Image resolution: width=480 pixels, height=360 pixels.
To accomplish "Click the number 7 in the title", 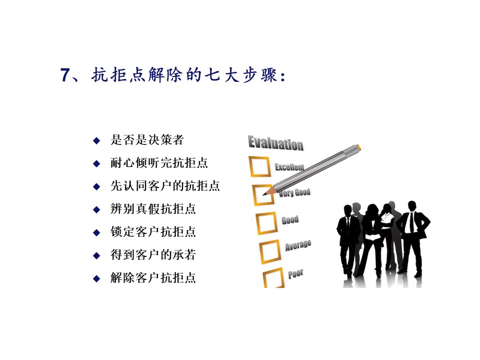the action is point(65,75).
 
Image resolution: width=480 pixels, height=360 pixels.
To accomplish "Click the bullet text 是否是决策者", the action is point(147,140).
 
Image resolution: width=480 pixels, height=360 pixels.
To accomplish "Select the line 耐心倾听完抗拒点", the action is point(159,163).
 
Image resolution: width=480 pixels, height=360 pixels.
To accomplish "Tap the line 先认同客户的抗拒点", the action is point(165,186).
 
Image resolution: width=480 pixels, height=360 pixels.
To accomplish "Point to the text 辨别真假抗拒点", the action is point(153,209).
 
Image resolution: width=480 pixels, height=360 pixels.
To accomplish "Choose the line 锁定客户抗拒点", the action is point(153,231).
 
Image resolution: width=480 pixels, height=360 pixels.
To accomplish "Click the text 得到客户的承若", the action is point(153,254).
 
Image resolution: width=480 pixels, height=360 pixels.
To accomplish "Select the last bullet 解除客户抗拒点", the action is point(153,277).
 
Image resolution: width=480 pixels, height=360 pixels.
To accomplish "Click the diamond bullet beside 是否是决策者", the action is point(96,140).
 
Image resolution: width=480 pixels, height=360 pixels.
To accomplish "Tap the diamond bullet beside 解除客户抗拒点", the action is point(96,278).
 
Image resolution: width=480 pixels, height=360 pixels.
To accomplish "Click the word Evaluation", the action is point(276,143).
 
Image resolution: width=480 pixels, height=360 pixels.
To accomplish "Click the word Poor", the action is point(295,273).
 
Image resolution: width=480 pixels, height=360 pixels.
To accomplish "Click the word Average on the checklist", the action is point(298,245).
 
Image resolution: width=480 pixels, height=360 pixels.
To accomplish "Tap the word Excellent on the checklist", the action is point(289,167).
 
